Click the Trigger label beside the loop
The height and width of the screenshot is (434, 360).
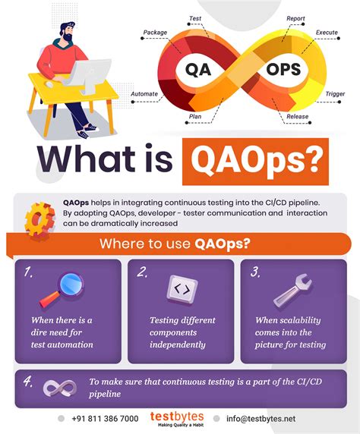[335, 95]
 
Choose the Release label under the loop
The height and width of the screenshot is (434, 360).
[296, 117]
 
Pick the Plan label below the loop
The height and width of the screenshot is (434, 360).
[195, 117]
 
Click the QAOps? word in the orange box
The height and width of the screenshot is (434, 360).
[254, 161]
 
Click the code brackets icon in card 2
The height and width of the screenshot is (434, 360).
[180, 288]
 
